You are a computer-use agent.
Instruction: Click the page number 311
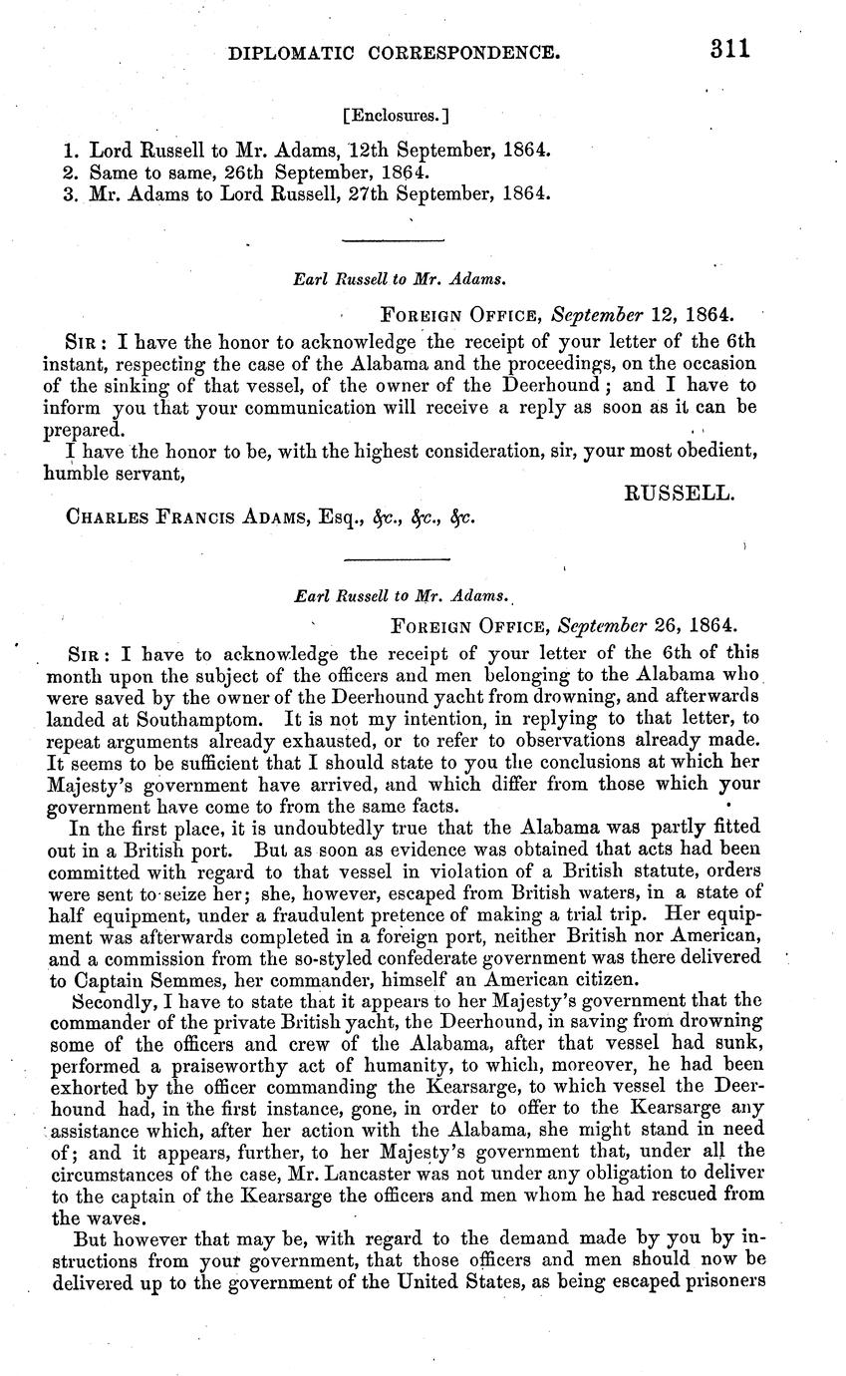coord(729,48)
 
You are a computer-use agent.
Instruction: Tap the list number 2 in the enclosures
coord(69,172)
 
